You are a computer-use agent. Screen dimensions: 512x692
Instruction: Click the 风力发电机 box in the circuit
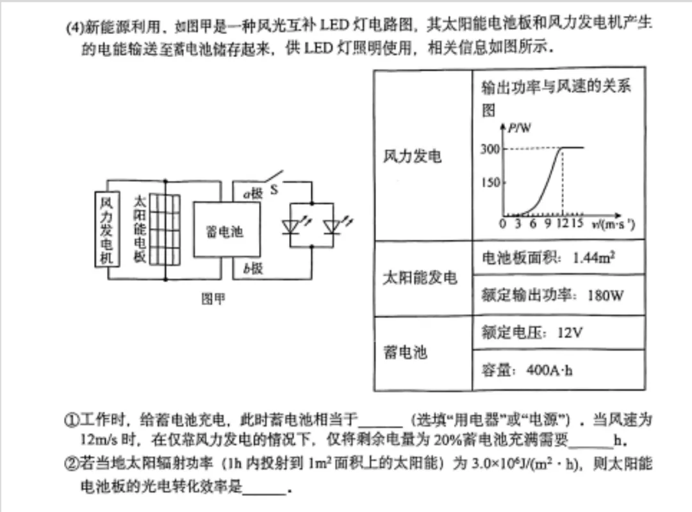click(x=106, y=229)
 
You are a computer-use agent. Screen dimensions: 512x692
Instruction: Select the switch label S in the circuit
click(x=274, y=190)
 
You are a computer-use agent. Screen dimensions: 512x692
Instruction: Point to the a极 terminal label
click(x=252, y=194)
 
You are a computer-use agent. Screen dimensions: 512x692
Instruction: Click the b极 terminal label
click(x=252, y=268)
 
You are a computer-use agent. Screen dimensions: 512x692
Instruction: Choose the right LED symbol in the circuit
click(x=332, y=226)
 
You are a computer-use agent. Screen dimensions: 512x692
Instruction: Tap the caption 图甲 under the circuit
click(x=213, y=299)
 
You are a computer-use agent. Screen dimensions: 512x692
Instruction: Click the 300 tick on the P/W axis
click(x=490, y=149)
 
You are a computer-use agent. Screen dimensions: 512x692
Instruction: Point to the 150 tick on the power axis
click(x=490, y=183)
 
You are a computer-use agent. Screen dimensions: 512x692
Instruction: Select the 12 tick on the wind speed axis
click(x=562, y=223)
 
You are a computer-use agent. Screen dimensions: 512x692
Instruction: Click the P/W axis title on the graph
click(x=520, y=128)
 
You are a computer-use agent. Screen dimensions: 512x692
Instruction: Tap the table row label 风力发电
click(x=413, y=156)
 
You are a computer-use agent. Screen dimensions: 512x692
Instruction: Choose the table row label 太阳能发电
click(x=420, y=277)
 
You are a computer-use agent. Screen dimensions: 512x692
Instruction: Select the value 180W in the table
click(x=605, y=295)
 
